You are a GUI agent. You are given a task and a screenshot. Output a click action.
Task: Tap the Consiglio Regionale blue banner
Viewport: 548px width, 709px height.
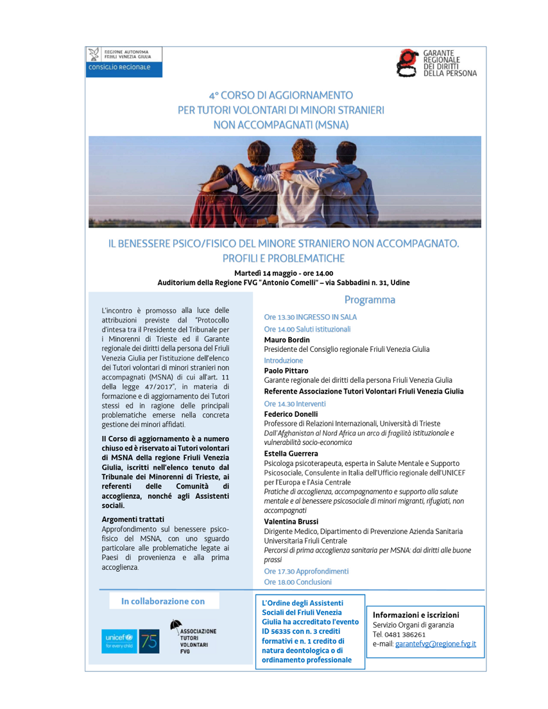(x=124, y=70)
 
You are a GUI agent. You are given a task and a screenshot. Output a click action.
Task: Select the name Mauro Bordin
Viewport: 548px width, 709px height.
(x=287, y=339)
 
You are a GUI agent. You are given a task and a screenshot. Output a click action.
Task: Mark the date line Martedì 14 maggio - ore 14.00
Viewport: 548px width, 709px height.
(x=284, y=273)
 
